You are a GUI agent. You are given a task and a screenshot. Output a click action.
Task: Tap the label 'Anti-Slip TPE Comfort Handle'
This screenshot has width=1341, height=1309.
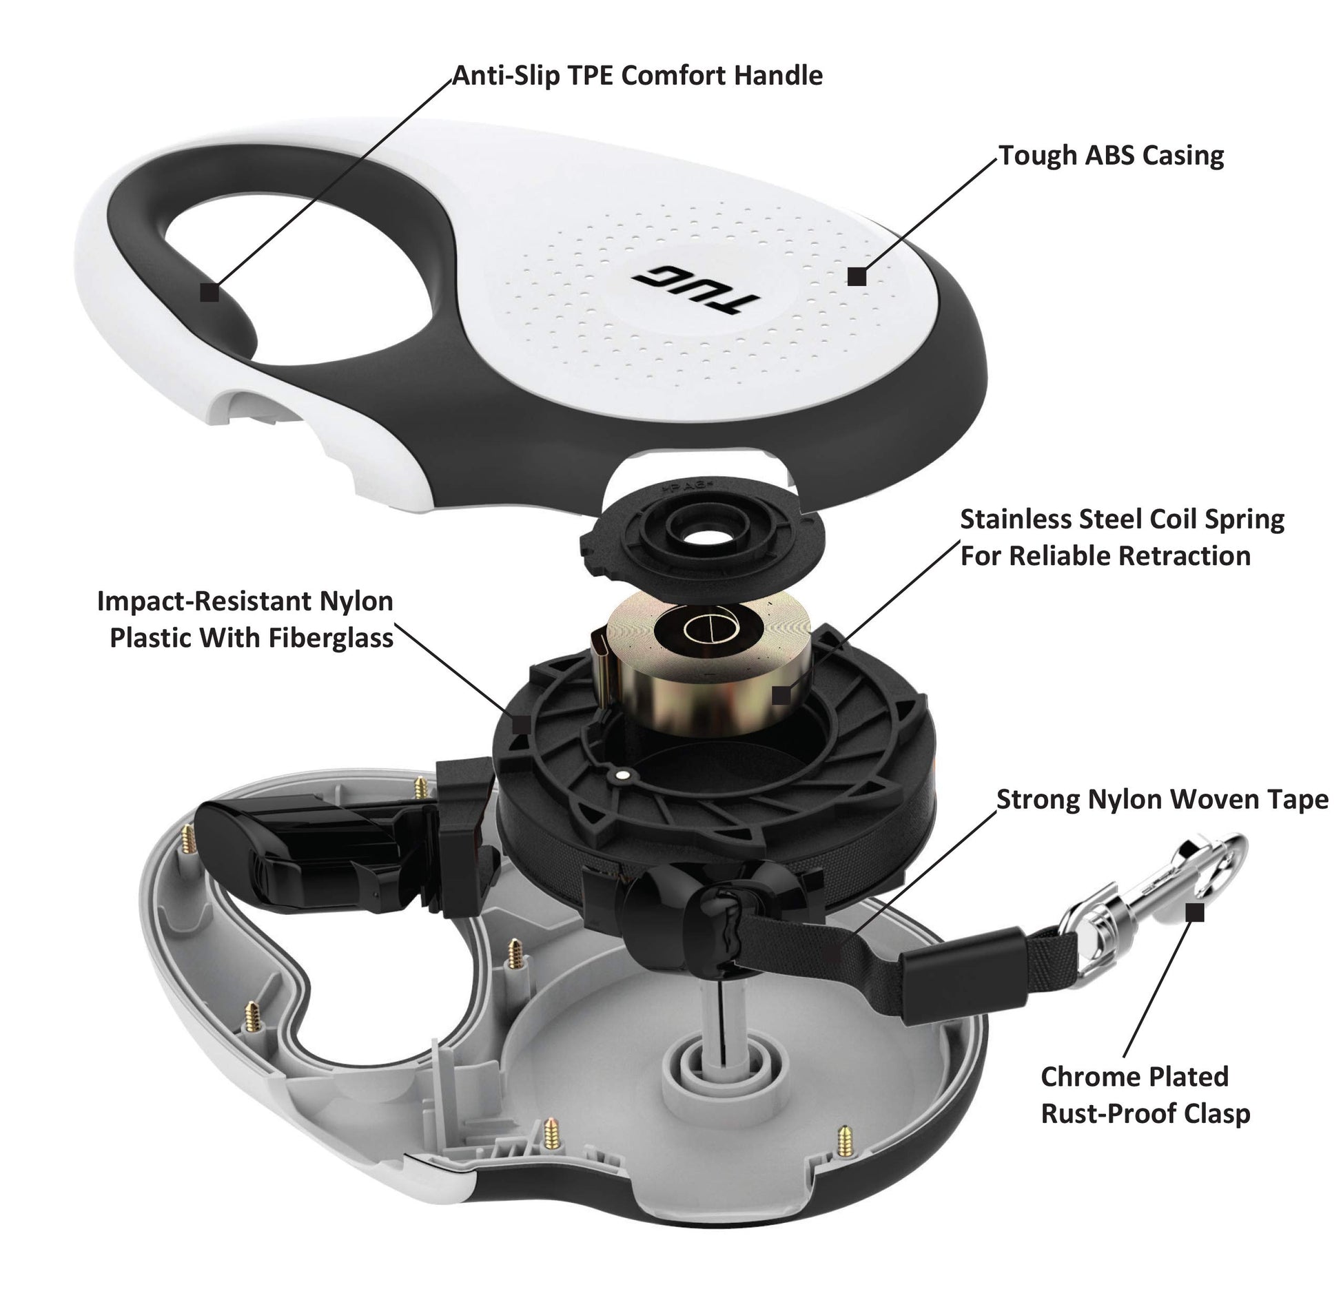click(637, 76)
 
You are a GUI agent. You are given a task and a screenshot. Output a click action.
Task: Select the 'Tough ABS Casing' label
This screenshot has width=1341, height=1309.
click(1112, 156)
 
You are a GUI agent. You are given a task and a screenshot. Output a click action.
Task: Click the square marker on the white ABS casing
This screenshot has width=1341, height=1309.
click(857, 276)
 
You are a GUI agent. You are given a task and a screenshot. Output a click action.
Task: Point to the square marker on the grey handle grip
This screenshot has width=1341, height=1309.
click(209, 292)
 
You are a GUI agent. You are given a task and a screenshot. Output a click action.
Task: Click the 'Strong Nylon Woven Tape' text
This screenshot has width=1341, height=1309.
click(1163, 800)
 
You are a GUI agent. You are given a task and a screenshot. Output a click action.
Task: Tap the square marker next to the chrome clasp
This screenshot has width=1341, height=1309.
click(1196, 913)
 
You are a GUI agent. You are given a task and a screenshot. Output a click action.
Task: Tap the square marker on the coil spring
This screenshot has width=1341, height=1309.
click(780, 694)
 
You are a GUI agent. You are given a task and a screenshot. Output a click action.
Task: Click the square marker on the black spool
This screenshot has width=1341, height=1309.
click(521, 724)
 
